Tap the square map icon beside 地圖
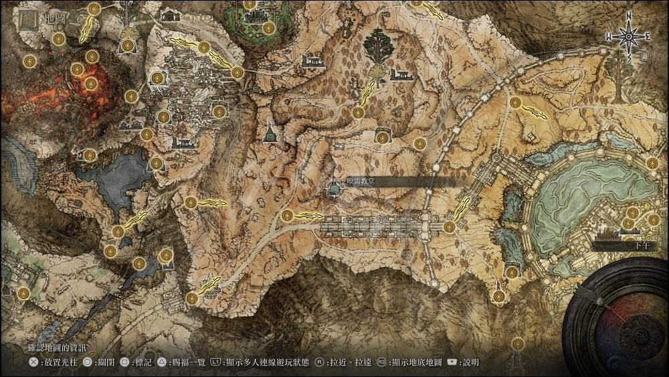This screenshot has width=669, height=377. pos(29,19)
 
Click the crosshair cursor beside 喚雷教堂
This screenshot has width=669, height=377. pos(334,190)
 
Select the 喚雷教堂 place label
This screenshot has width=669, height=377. pos(361,181)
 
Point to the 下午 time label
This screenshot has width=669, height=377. pos(636,246)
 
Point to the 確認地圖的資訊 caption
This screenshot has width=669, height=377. pos(58,348)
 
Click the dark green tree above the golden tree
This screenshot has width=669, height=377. pos(379,43)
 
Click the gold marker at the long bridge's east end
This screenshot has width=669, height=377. pos(450,227)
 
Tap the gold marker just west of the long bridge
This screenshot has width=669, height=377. pos(288,215)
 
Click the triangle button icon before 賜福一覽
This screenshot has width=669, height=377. pos(162,363)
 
